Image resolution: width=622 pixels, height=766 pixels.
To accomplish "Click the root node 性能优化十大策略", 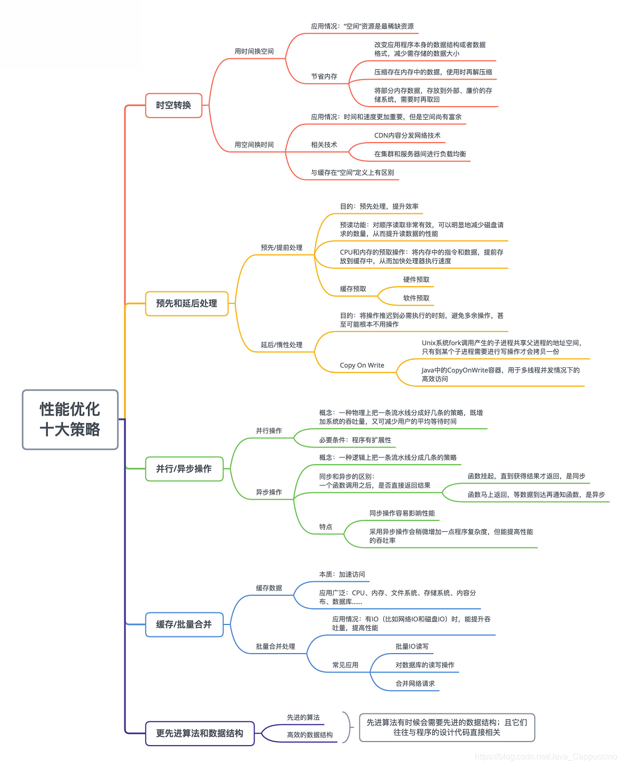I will (x=70, y=419).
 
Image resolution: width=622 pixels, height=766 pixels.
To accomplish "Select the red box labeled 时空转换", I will (x=173, y=106).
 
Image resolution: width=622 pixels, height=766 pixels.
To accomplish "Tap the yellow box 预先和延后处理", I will (x=186, y=303).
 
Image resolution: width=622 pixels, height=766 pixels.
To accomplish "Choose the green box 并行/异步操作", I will (x=184, y=469).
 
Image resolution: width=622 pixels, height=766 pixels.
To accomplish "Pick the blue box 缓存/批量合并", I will (x=184, y=624).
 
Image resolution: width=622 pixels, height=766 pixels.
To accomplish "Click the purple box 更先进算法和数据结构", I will (x=199, y=733).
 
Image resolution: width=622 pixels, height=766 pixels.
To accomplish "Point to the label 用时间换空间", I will (x=254, y=52).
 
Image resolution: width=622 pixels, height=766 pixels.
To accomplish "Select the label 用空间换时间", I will (x=254, y=145).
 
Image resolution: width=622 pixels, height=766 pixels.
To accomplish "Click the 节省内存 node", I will (x=324, y=76).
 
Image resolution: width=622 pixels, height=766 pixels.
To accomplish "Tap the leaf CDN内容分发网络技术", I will (x=407, y=136).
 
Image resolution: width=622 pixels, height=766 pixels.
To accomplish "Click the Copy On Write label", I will (x=362, y=365).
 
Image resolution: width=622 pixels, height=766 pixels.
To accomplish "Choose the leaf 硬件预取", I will (x=416, y=280).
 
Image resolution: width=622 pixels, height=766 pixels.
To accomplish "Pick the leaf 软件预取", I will (x=416, y=298).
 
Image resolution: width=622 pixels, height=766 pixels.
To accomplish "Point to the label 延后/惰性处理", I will (x=281, y=345).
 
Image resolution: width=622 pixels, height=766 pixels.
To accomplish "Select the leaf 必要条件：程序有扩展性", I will (x=355, y=440).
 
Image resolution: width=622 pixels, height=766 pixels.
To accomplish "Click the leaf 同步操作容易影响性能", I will (x=402, y=514).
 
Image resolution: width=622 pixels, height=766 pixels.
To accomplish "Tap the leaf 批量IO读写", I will (x=412, y=647).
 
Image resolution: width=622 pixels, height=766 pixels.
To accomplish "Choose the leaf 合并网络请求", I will (x=415, y=684).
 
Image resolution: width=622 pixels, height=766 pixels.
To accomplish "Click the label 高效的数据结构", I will (x=310, y=735).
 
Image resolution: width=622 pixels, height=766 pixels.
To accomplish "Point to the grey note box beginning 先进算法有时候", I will (x=447, y=727).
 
